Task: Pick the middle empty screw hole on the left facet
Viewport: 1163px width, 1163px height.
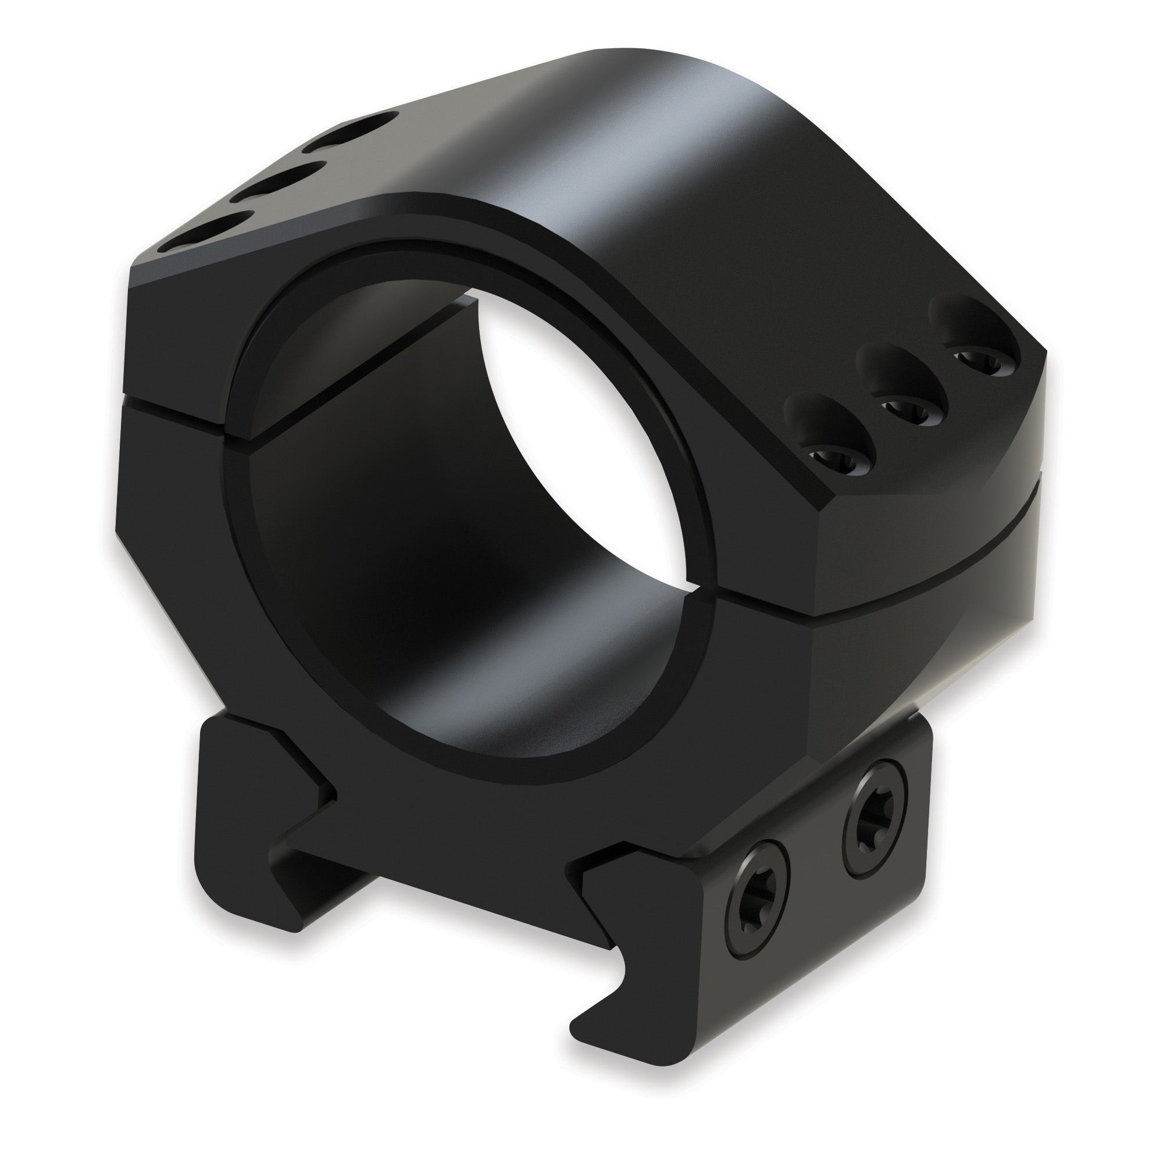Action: pyautogui.click(x=278, y=181)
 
